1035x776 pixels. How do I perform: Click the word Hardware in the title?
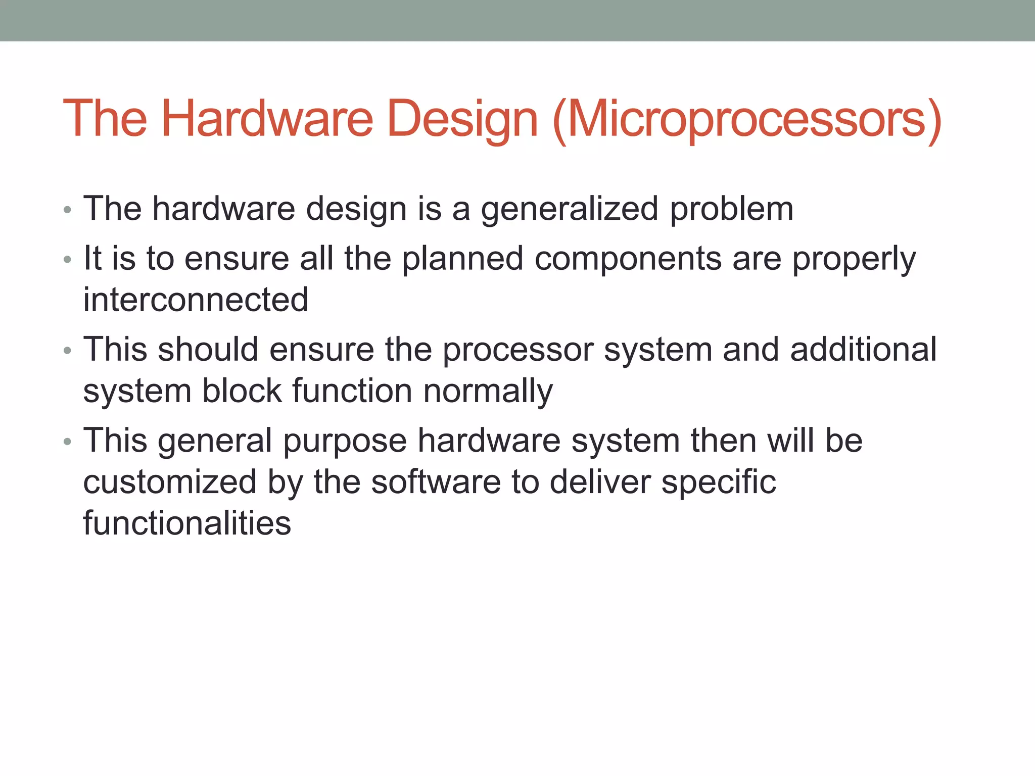point(267,119)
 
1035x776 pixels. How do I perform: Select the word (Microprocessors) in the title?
point(747,119)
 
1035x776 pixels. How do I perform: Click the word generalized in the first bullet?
point(569,209)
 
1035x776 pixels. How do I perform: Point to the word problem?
point(731,209)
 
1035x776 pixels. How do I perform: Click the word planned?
point(462,259)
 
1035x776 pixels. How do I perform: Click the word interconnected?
point(196,300)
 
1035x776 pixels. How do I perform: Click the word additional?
point(863,349)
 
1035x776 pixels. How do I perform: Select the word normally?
point(488,392)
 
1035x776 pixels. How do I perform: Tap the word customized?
point(170,482)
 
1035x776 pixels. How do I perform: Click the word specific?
point(718,482)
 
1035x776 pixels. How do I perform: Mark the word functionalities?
point(187,523)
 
